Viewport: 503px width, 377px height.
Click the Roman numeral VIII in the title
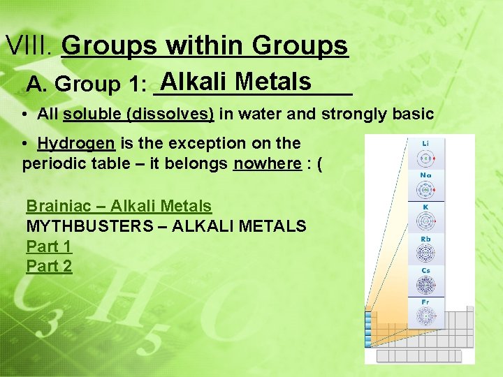pos(29,46)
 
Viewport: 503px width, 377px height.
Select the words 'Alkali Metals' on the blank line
pos(235,82)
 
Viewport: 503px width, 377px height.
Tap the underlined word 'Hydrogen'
pos(77,144)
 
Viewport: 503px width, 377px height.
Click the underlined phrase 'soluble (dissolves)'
pos(138,114)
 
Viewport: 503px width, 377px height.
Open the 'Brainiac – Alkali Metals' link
pos(119,206)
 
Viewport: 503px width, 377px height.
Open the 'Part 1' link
pos(49,246)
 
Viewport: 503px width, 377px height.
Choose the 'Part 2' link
pos(49,266)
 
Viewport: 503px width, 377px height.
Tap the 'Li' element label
pos(425,143)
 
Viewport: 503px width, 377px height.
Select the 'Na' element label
pos(425,175)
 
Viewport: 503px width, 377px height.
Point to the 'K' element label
pos(425,207)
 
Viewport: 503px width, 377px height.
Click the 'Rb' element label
pos(425,239)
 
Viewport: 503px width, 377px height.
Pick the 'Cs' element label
pos(425,270)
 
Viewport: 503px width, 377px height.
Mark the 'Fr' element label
pos(425,302)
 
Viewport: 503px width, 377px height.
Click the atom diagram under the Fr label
pos(425,317)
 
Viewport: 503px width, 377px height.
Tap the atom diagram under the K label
pos(425,222)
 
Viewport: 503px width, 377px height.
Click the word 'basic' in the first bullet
pos(415,114)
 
